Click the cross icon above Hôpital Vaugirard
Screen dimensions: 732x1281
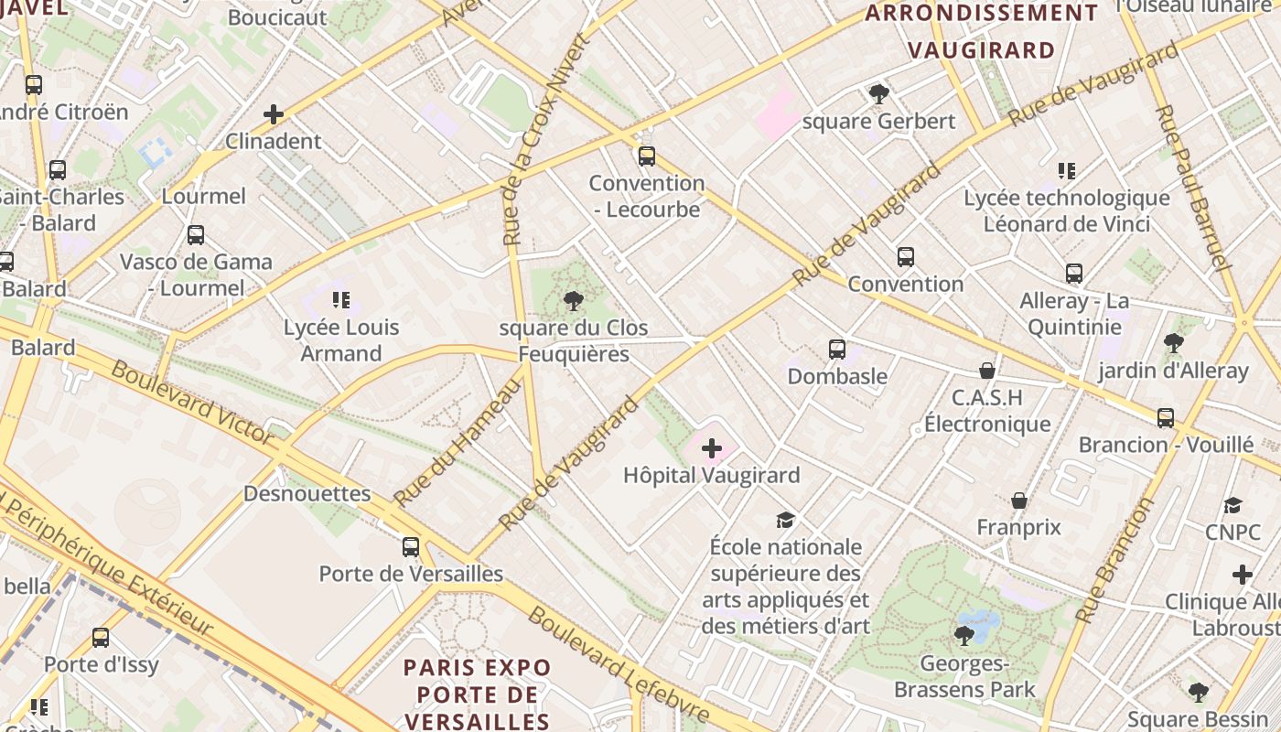(x=711, y=448)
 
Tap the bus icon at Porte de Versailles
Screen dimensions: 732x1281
(x=411, y=547)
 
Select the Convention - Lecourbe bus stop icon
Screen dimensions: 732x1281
(x=647, y=156)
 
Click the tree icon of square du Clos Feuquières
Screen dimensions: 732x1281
(x=574, y=300)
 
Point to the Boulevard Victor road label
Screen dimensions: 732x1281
(x=191, y=403)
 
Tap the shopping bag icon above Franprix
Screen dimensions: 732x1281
(x=1018, y=501)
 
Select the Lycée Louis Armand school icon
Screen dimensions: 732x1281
(x=341, y=299)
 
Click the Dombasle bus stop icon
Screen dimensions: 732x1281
(x=836, y=349)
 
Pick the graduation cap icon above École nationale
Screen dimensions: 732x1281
(x=785, y=520)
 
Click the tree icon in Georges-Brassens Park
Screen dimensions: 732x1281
(x=963, y=635)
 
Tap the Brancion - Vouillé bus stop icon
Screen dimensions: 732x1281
(x=1165, y=418)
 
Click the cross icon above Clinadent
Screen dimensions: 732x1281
(x=273, y=114)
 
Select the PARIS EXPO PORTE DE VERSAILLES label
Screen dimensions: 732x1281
(x=478, y=694)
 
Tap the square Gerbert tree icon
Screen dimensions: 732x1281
(x=878, y=93)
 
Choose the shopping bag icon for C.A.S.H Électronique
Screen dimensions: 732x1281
(x=986, y=371)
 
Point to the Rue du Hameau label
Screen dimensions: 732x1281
(x=457, y=441)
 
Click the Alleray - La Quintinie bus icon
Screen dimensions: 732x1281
(x=1074, y=274)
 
